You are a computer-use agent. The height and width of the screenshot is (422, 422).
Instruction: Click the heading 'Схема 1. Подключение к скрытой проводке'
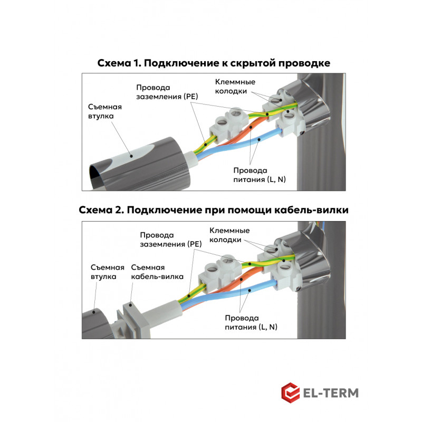coord(214,63)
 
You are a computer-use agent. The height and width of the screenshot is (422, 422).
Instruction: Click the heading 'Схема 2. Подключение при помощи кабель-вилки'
coord(214,210)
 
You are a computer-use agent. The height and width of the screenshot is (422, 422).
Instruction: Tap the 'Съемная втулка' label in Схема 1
coord(105,111)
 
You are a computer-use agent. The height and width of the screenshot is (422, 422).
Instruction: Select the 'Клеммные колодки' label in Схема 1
coord(235,87)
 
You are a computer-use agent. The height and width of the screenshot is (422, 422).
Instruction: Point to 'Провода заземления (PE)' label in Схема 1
coord(167,92)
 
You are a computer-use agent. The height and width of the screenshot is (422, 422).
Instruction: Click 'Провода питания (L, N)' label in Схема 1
coord(260,175)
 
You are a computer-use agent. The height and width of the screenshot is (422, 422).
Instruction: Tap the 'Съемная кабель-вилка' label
coord(157,272)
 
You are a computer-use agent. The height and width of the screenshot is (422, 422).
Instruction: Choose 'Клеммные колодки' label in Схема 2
coord(229,235)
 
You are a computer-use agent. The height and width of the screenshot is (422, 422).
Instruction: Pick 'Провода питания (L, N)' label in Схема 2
coord(251,322)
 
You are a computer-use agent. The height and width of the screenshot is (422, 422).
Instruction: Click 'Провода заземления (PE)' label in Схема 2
coord(170,239)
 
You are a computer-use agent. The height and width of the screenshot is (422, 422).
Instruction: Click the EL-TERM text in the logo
coord(331,393)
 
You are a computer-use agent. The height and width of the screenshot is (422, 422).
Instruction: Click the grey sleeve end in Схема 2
coord(96,324)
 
